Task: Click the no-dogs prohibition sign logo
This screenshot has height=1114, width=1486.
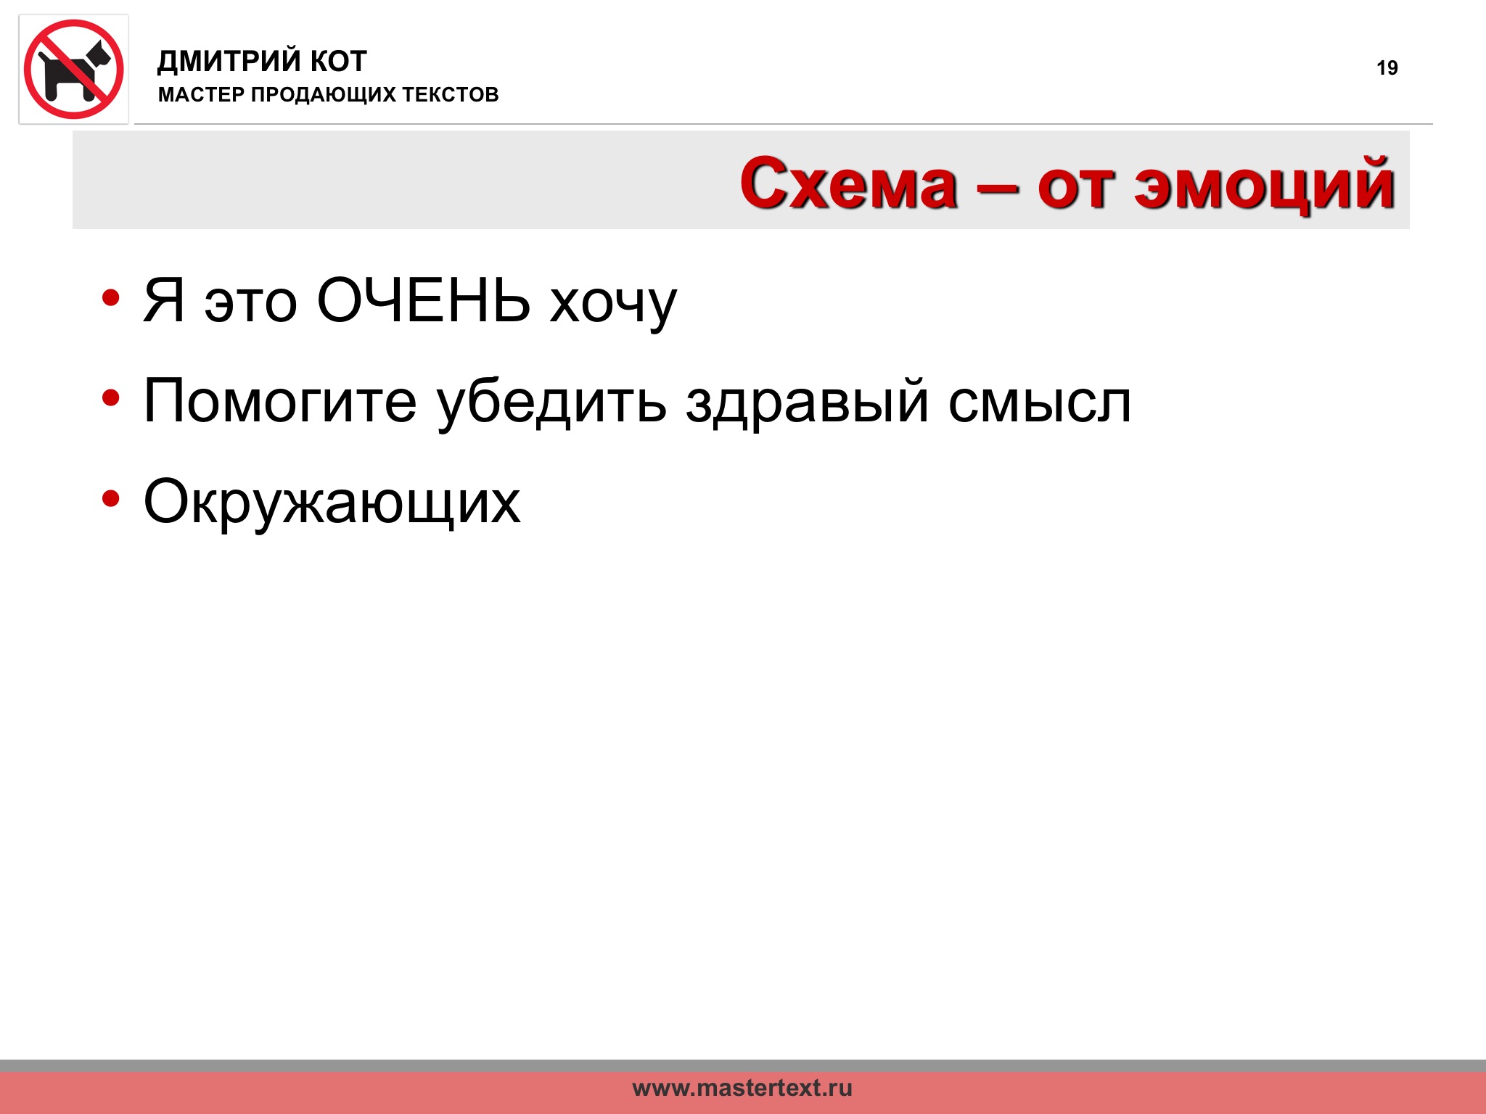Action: [x=74, y=70]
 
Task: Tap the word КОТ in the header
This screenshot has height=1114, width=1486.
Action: [x=339, y=62]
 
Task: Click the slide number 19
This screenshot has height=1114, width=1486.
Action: [x=1387, y=68]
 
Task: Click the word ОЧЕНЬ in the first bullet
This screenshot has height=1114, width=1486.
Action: [x=424, y=300]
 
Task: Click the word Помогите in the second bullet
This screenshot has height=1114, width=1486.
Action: [x=281, y=400]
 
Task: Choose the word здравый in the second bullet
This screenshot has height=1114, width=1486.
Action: [x=808, y=404]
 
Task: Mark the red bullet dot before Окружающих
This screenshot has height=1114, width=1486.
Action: [x=111, y=499]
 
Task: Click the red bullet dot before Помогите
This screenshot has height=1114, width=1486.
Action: [x=111, y=398]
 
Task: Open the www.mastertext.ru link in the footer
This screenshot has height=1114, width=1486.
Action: [x=742, y=1088]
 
